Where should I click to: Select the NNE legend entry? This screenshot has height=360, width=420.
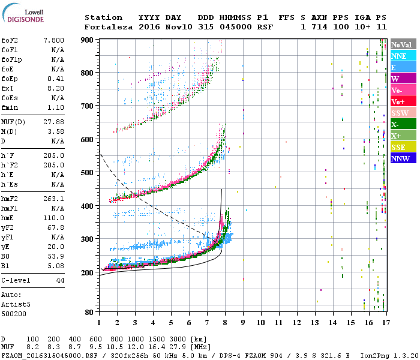403,56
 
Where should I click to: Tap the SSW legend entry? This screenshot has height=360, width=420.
403,113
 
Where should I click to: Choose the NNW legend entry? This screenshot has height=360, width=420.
403,158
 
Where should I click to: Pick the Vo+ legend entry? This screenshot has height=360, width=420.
403,101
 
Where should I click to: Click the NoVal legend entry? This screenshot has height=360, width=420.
403,44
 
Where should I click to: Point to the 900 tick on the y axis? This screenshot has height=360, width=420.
88,40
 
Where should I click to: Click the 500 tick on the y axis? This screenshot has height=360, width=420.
88,172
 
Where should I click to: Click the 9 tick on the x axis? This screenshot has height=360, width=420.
243,322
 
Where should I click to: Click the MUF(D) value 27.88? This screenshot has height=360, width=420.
54,122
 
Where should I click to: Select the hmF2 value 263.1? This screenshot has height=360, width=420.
54,199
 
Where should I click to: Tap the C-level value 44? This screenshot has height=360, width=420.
59,280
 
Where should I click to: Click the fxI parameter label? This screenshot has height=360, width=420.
8,88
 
